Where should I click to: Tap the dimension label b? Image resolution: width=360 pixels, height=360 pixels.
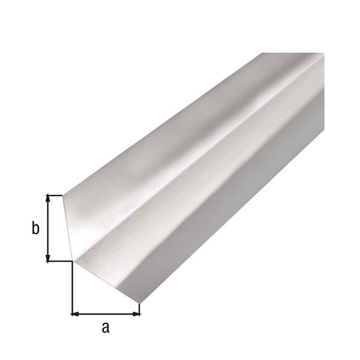tap(35, 228)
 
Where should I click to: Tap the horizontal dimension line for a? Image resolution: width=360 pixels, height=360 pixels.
tap(106, 313)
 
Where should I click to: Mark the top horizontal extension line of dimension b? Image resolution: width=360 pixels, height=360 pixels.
tap(55, 194)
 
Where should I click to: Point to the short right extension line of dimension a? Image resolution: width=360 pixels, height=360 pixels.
tap(140, 308)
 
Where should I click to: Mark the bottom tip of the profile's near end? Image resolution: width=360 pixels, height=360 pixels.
tap(140, 302)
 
